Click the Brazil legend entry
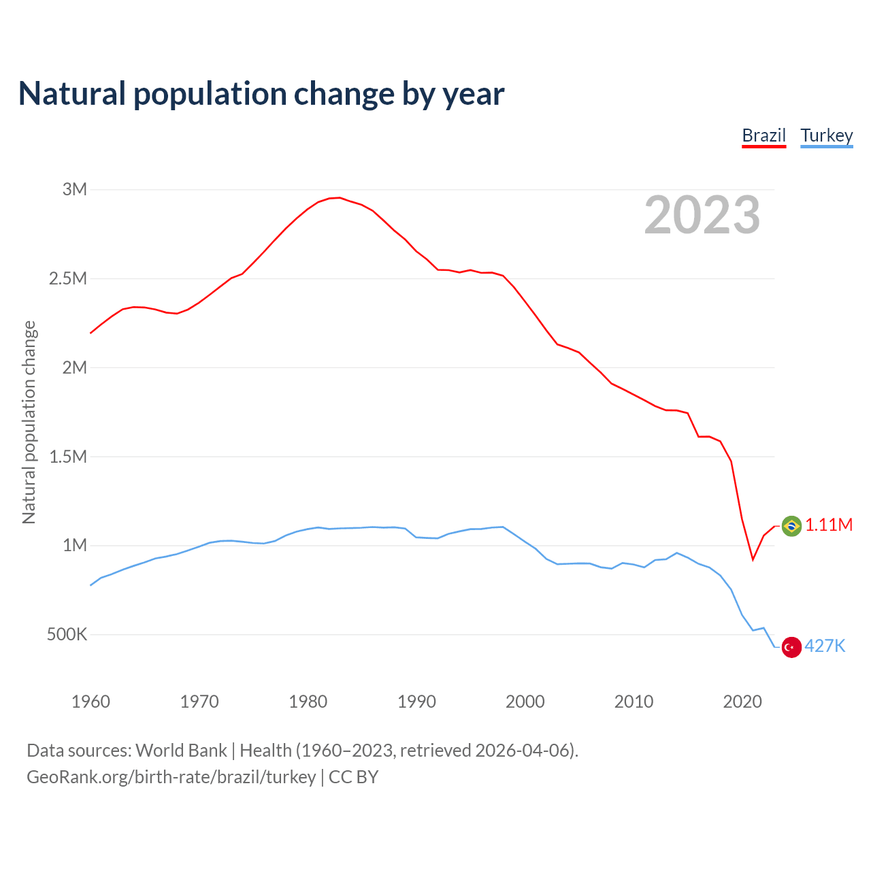pyautogui.click(x=763, y=135)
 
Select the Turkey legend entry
pyautogui.click(x=826, y=135)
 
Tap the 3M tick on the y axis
pyautogui.click(x=75, y=189)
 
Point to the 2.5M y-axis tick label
pyautogui.click(x=68, y=278)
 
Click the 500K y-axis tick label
pyautogui.click(x=67, y=635)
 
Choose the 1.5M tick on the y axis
pyautogui.click(x=68, y=457)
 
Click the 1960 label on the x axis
pyautogui.click(x=91, y=702)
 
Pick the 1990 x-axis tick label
pyautogui.click(x=416, y=702)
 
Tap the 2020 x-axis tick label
pyautogui.click(x=742, y=702)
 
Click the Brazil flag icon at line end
pyautogui.click(x=791, y=526)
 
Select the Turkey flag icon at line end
pyautogui.click(x=791, y=647)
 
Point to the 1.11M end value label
pyautogui.click(x=829, y=525)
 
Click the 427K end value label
pyautogui.click(x=825, y=646)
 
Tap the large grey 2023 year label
pyautogui.click(x=702, y=215)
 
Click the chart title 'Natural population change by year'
pyautogui.click(x=261, y=94)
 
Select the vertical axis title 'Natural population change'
pyautogui.click(x=29, y=423)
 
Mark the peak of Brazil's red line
pyautogui.click(x=340, y=197)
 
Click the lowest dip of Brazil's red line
pyautogui.click(x=753, y=559)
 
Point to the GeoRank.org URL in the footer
pyautogui.click(x=171, y=777)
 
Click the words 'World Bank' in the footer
pyautogui.click(x=181, y=751)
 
